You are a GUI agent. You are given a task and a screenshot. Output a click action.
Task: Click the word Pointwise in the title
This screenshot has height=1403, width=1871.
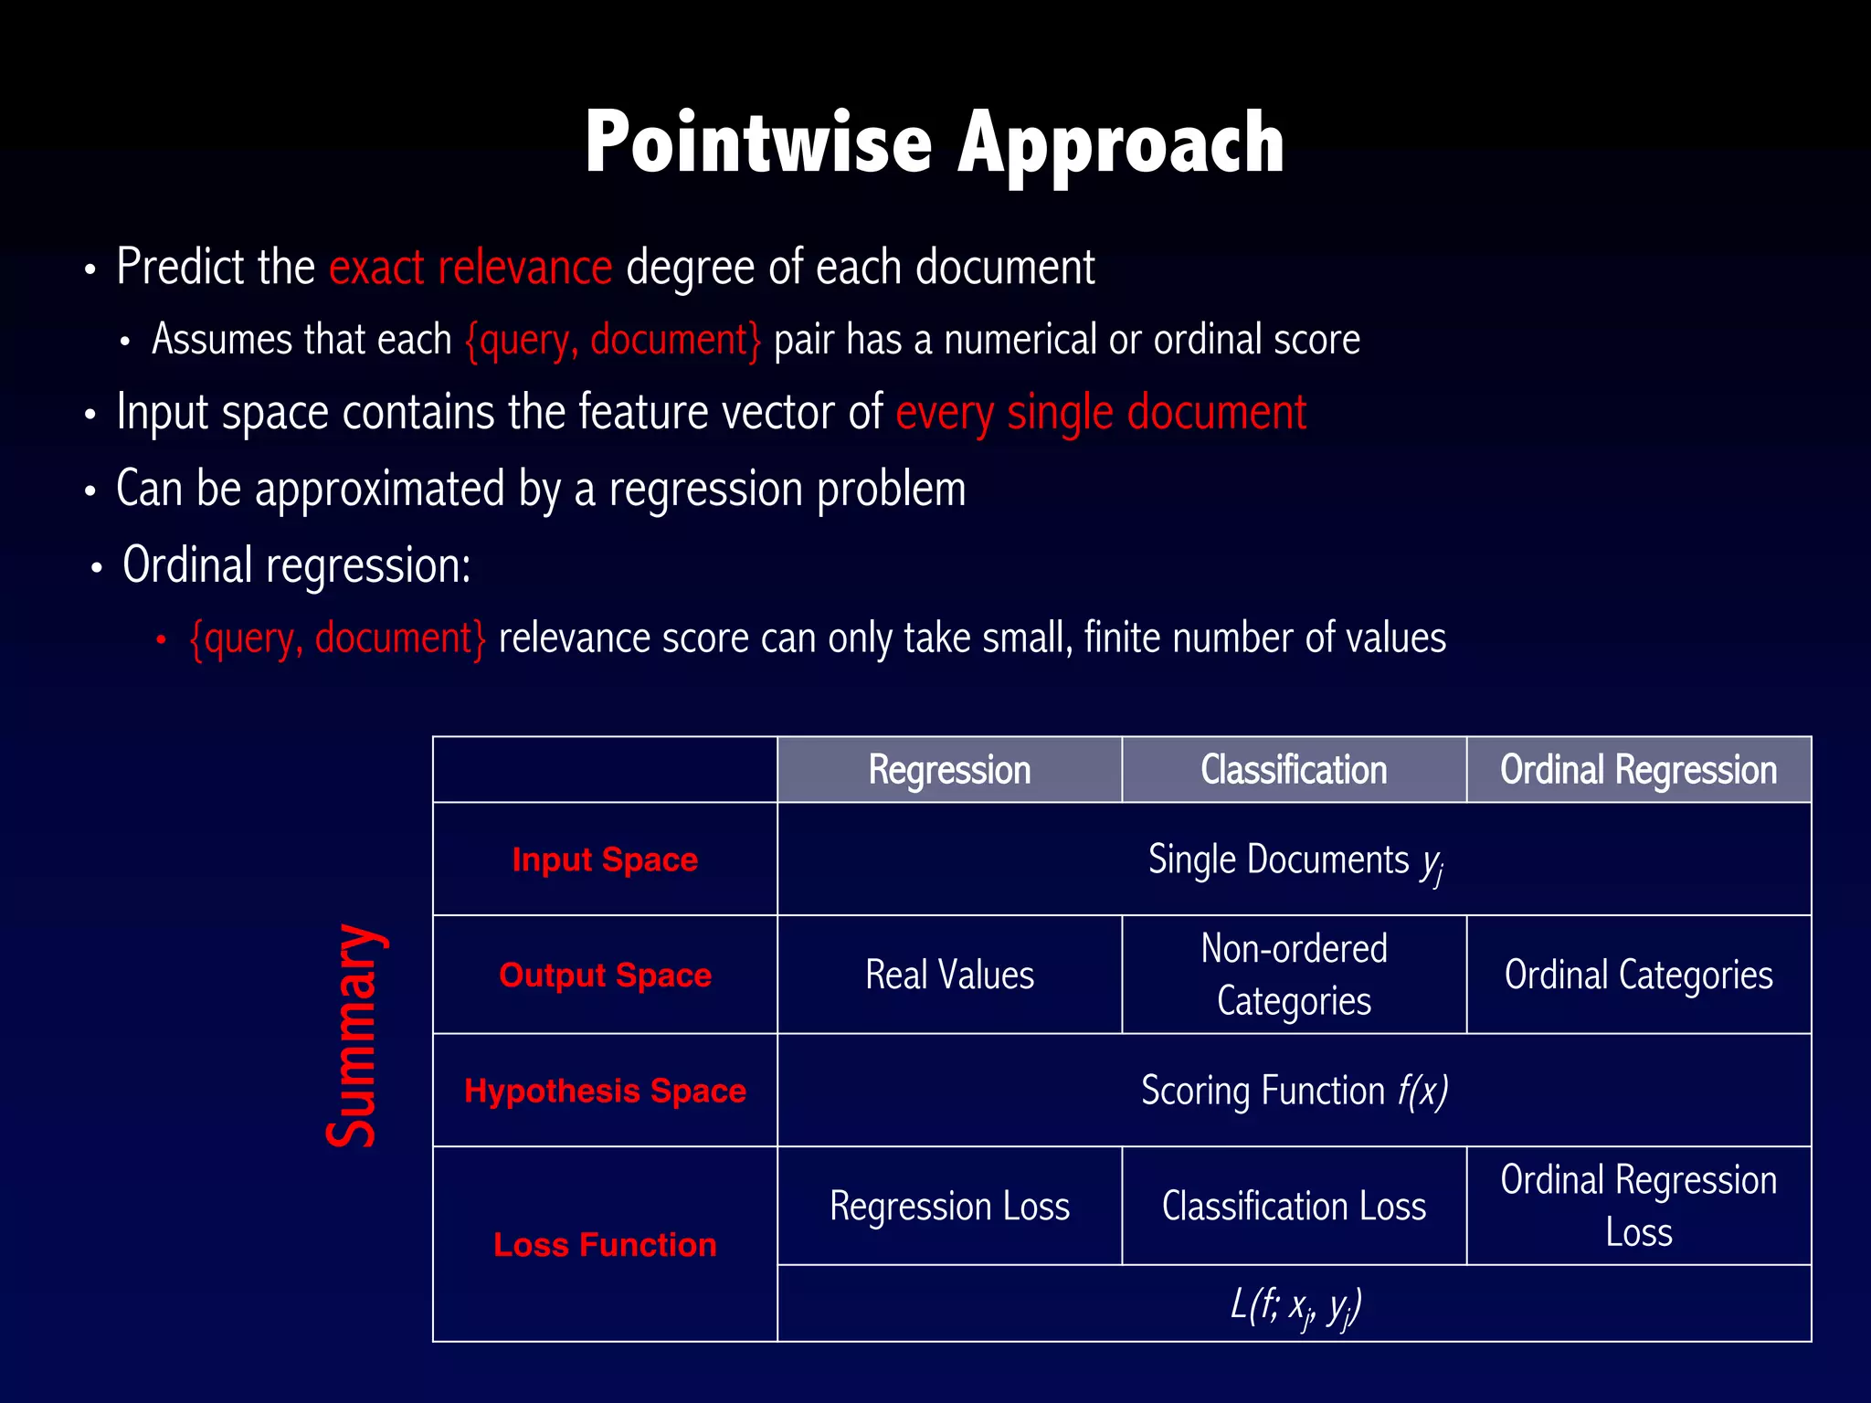pos(758,143)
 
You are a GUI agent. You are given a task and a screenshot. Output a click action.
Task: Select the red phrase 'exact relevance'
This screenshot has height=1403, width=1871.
pos(470,268)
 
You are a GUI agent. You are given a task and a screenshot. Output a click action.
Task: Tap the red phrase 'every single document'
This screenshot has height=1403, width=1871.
pos(1100,413)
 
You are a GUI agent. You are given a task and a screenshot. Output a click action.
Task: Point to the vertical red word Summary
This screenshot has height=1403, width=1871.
pos(353,1036)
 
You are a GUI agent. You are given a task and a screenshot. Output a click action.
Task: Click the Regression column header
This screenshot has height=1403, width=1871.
pos(949,770)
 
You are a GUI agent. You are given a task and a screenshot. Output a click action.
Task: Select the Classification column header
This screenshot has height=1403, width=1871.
pos(1294,770)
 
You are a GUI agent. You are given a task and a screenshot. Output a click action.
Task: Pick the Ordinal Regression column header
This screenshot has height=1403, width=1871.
pos(1638,770)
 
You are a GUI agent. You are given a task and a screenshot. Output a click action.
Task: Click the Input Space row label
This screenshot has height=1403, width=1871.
pos(605,860)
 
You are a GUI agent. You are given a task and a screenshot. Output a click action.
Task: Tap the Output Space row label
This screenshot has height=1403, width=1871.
pos(605,975)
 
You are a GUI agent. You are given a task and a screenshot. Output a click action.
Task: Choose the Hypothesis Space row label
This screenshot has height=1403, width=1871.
pos(605,1091)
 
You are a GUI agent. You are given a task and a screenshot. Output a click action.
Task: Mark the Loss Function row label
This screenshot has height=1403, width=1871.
pos(605,1244)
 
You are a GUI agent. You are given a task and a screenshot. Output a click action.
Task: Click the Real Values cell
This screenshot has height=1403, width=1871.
pos(949,975)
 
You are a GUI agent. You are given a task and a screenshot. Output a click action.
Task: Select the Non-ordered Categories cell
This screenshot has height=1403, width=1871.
pos(1294,975)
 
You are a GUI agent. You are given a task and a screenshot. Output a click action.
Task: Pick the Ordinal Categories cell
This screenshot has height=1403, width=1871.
pos(1638,975)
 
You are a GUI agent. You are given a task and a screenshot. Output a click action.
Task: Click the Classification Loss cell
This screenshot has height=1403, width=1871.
pos(1294,1206)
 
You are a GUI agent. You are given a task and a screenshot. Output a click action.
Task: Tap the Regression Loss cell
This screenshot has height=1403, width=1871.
pos(949,1206)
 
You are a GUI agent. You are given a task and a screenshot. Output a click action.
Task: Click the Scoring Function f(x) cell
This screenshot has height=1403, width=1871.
pos(1294,1091)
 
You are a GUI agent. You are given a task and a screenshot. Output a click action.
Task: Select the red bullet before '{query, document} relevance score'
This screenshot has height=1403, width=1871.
pos(161,640)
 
